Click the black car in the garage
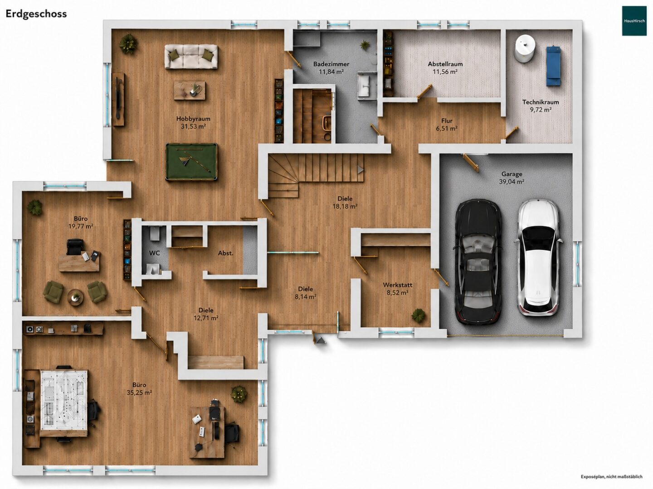tap(478, 262)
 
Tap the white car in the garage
tap(539, 258)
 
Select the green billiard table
tap(191, 162)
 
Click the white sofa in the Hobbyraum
tap(191, 57)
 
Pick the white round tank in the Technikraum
tap(526, 48)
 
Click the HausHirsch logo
tap(634, 21)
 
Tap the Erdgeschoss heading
tap(36, 14)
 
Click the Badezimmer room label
tap(331, 64)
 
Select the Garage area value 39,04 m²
tap(512, 182)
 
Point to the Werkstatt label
tap(397, 285)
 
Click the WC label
tap(154, 253)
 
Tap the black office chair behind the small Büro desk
tap(74, 247)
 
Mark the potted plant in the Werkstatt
tap(418, 315)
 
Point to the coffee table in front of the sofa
tap(190, 90)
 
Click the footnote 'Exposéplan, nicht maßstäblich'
tap(611, 476)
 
